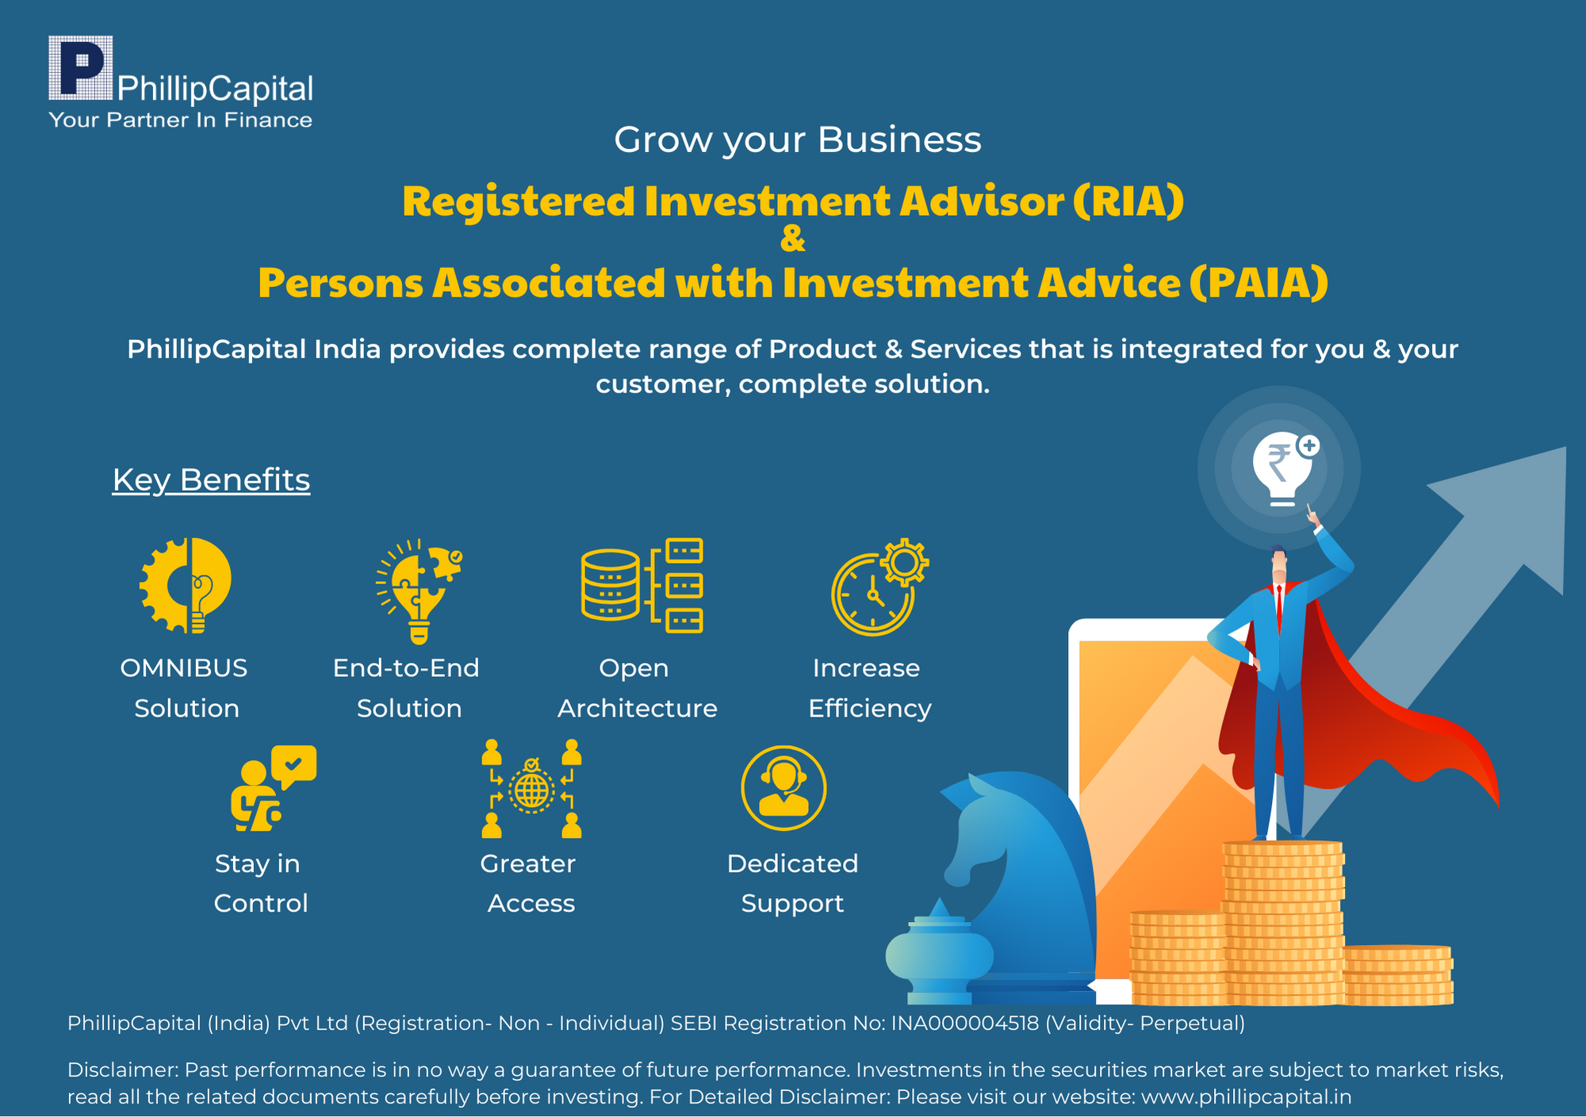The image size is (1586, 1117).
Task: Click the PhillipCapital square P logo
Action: point(80,67)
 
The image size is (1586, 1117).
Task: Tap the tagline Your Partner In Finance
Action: point(180,120)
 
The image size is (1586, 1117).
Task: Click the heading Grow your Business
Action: point(797,140)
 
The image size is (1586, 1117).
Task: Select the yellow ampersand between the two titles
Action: point(793,239)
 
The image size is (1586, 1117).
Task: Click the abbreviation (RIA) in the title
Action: point(1128,201)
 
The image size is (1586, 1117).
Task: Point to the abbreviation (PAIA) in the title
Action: point(1258,283)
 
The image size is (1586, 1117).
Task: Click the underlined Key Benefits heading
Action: point(211,480)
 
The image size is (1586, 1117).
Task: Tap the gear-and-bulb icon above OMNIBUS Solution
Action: point(186,585)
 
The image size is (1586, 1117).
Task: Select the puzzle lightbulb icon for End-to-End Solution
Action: point(419,591)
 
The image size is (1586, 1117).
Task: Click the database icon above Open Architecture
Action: point(642,586)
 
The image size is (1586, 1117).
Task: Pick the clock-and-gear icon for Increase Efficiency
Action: point(879,587)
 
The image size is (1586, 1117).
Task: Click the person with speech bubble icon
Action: point(273,788)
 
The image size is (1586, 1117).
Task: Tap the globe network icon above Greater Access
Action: point(531,789)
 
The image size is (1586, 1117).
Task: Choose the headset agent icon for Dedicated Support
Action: point(783,788)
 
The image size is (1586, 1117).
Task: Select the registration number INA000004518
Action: point(965,1023)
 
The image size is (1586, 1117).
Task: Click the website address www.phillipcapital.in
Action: point(1246,1097)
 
